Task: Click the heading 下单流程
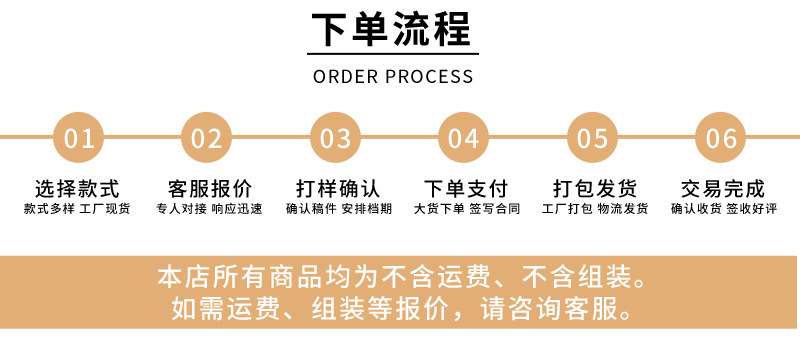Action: point(392,30)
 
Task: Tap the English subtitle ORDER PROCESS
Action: point(393,76)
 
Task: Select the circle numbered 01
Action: point(78,138)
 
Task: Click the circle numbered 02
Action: point(206,138)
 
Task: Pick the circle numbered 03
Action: point(335,138)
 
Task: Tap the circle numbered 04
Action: point(463,138)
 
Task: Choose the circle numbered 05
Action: point(592,138)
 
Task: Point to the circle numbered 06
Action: point(720,138)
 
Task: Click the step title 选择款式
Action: point(77,189)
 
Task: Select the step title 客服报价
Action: point(210,189)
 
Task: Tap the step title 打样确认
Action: point(338,189)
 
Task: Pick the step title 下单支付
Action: point(466,189)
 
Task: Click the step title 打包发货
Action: point(595,189)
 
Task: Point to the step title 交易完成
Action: point(723,189)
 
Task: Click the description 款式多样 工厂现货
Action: point(77,209)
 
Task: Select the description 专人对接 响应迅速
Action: point(209,209)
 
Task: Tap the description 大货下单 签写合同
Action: point(467,209)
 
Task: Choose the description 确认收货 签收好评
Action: point(723,209)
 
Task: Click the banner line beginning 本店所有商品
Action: point(402,277)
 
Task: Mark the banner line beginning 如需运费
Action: point(402,308)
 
